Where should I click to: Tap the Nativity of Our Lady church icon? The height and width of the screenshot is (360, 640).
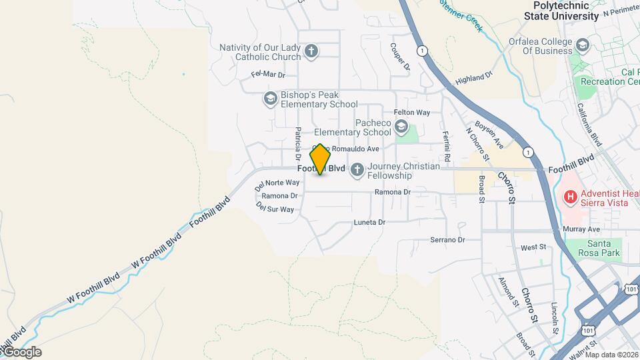(x=311, y=51)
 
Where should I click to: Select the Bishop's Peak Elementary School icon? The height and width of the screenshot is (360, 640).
(x=270, y=99)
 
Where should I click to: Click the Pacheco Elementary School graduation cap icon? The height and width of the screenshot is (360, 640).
(x=401, y=127)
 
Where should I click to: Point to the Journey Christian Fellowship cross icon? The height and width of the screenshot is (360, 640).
(x=357, y=171)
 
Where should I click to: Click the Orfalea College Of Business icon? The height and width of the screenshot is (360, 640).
(x=583, y=45)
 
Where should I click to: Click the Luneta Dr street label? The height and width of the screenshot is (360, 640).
(x=369, y=222)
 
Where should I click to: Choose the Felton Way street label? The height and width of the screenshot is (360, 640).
(x=412, y=113)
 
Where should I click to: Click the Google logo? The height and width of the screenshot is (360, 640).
(x=22, y=352)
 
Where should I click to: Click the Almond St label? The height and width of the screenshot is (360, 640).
(x=507, y=291)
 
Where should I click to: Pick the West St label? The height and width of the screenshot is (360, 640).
(x=533, y=247)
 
